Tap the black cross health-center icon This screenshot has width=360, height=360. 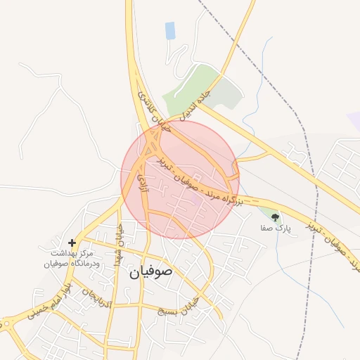click(72, 242)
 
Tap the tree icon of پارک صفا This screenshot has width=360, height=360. click(275, 217)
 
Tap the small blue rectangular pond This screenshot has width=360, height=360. click(170, 30)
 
